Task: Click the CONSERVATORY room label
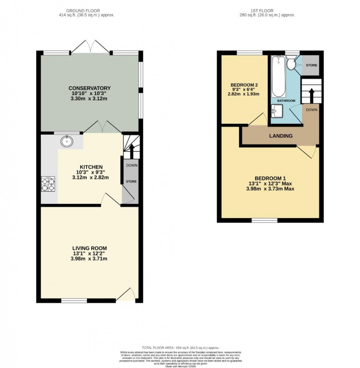[x=90, y=88]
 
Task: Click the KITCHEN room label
[x=87, y=167]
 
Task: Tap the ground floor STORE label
[x=132, y=181]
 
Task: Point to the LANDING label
[x=281, y=136]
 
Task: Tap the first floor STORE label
[x=312, y=65]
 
